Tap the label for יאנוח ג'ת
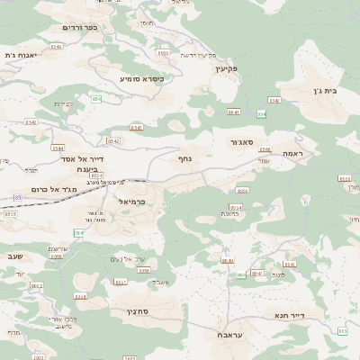18,55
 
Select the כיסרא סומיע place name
142,78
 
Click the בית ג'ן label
334,90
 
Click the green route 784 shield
78,232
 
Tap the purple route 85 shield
17,197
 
